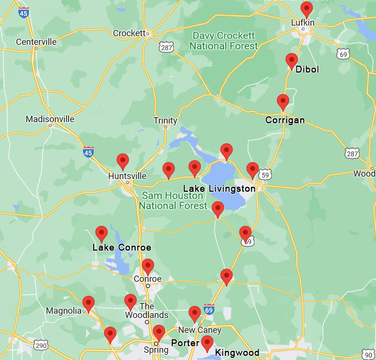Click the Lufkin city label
click(x=303, y=22)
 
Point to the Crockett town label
click(x=129, y=33)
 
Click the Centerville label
click(x=36, y=42)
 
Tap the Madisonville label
click(x=50, y=119)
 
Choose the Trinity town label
click(x=165, y=121)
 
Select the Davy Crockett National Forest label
click(x=223, y=41)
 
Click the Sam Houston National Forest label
click(x=171, y=200)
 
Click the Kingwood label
click(x=237, y=352)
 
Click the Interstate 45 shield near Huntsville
click(x=88, y=152)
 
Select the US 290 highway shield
click(x=41, y=345)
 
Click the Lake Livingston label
click(x=219, y=188)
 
